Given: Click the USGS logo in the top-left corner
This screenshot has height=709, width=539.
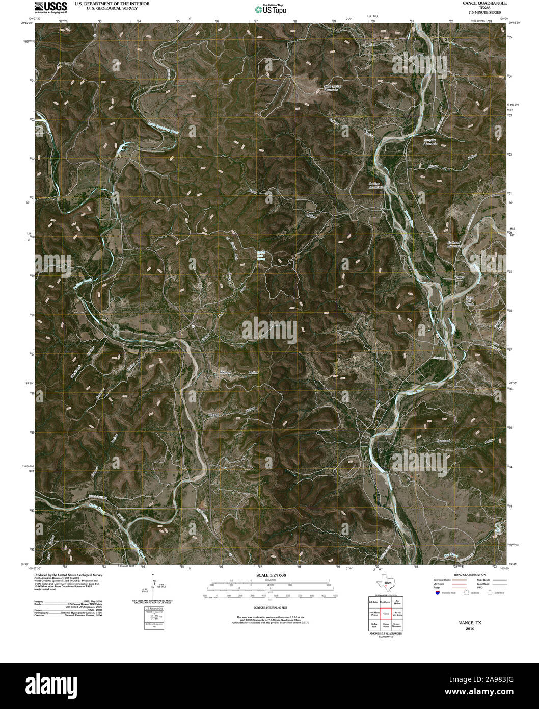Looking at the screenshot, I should pyautogui.click(x=50, y=7).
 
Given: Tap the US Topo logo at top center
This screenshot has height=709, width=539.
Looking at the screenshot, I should pyautogui.click(x=271, y=9).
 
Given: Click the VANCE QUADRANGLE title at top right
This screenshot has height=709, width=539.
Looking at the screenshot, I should pyautogui.click(x=477, y=3).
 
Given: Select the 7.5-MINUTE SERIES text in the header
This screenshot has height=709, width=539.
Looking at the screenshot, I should pyautogui.click(x=477, y=12).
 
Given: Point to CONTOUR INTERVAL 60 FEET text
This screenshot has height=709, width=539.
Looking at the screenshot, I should pyautogui.click(x=271, y=607).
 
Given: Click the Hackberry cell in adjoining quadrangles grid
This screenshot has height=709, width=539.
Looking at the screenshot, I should pyautogui.click(x=386, y=602).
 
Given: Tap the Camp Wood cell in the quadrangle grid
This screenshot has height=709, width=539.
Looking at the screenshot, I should pyautogui.click(x=386, y=624).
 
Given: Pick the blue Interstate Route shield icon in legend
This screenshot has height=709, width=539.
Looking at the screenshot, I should pyautogui.click(x=438, y=593).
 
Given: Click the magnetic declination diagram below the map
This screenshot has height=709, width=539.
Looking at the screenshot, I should pyautogui.click(x=153, y=587).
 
